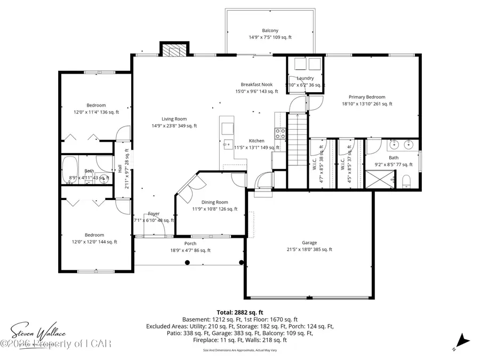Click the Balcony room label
(x=270, y=34)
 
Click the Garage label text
(x=309, y=245)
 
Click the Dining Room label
(x=214, y=205)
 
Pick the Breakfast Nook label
(x=257, y=87)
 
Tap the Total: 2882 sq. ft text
(x=239, y=313)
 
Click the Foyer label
(x=154, y=217)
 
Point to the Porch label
(x=190, y=246)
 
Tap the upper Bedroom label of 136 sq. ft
(x=97, y=108)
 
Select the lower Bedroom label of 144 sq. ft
(x=95, y=238)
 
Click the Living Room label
(x=174, y=122)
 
